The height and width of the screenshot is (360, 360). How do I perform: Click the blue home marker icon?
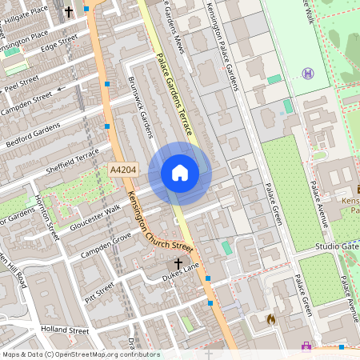point(180,173)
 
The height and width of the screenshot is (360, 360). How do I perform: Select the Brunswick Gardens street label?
point(140,107)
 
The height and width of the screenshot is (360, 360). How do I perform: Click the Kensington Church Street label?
point(159,225)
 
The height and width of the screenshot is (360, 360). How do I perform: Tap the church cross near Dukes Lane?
point(178,262)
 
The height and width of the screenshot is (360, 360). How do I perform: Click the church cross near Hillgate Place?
point(68,12)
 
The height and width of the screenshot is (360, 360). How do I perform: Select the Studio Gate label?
point(336,246)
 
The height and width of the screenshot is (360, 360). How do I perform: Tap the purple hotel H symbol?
point(308,74)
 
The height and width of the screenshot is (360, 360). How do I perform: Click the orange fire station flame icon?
point(271,319)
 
